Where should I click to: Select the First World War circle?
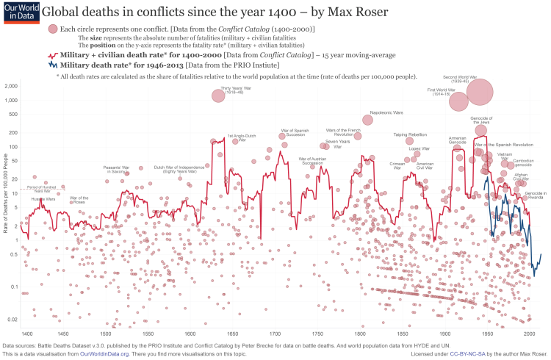(x=458, y=102)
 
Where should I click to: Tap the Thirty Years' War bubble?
(x=218, y=96)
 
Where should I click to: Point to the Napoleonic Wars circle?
(x=367, y=120)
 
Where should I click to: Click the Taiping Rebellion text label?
(x=410, y=134)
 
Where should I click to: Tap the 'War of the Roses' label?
(x=79, y=200)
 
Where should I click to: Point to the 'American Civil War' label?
(x=425, y=165)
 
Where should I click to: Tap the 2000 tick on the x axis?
(x=529, y=334)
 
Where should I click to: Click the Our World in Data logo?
(x=16, y=12)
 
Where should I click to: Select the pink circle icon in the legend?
(x=52, y=29)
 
